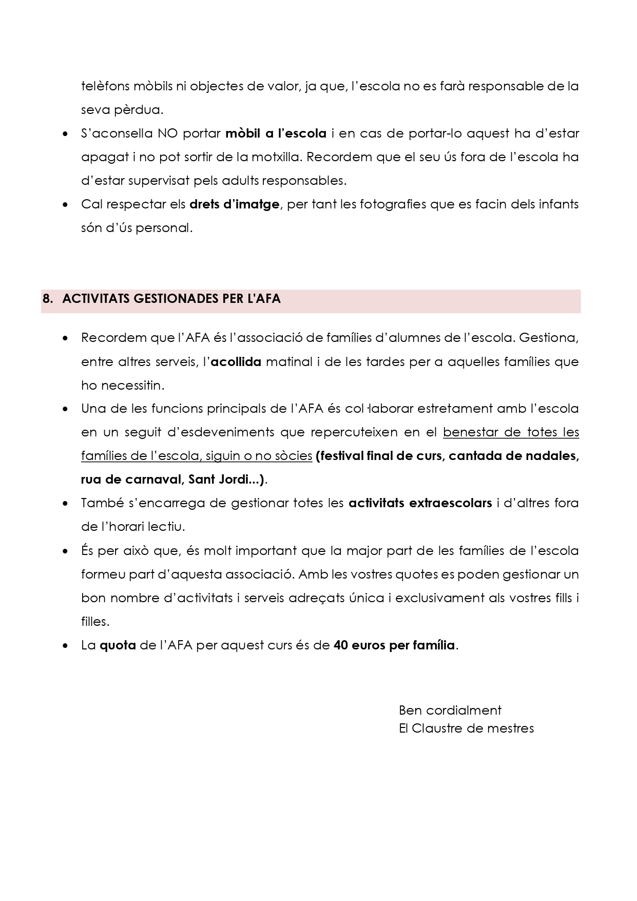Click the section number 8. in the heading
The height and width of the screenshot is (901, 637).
tap(48, 299)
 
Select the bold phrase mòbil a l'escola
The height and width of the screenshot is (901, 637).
tap(276, 133)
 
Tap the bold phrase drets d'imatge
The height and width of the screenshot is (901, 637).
tap(234, 204)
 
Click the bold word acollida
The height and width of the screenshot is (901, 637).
tap(236, 362)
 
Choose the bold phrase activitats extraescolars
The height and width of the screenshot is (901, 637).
tap(420, 503)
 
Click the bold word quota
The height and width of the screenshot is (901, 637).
tap(118, 645)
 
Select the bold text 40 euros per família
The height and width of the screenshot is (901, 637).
tap(394, 645)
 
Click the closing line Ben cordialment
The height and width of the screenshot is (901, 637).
tap(450, 711)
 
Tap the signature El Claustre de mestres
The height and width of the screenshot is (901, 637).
tap(466, 729)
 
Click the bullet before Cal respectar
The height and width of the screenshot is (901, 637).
tap(65, 205)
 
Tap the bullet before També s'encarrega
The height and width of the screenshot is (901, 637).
tap(65, 504)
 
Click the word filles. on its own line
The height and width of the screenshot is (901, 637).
tap(95, 622)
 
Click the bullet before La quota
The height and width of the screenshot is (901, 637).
tap(65, 646)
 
